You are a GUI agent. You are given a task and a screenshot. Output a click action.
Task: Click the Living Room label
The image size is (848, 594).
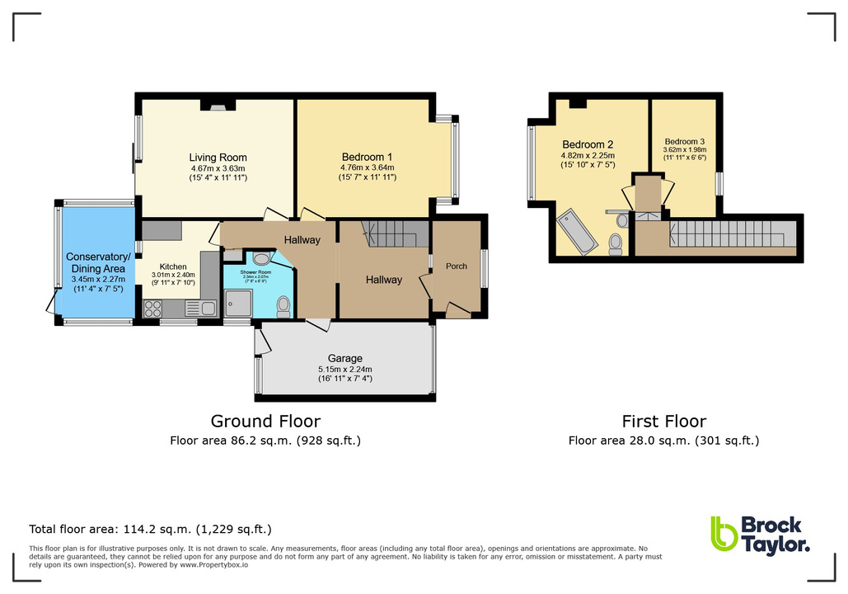(218, 158)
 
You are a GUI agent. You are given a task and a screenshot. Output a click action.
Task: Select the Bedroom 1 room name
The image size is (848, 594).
(367, 158)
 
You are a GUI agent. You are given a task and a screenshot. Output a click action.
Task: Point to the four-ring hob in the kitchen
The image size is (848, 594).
(154, 309)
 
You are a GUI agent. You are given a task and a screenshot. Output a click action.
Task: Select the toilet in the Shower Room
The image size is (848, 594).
(283, 306)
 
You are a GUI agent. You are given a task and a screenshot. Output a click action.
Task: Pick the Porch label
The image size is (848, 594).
(456, 266)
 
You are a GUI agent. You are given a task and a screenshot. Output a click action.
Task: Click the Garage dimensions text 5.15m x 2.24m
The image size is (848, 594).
(344, 369)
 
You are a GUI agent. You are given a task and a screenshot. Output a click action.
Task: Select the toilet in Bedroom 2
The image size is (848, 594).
(615, 243)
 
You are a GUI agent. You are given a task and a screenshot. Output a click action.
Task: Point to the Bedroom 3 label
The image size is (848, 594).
(684, 141)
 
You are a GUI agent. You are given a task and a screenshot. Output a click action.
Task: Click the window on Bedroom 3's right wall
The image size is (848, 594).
(719, 183)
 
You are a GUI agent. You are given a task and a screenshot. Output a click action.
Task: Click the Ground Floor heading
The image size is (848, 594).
(265, 421)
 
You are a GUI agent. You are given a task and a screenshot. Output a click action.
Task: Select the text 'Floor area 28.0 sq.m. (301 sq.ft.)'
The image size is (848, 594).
(663, 441)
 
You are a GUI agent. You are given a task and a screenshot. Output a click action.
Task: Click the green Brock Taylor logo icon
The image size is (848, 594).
(723, 534)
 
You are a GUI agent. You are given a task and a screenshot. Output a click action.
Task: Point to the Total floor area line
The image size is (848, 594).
(150, 529)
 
